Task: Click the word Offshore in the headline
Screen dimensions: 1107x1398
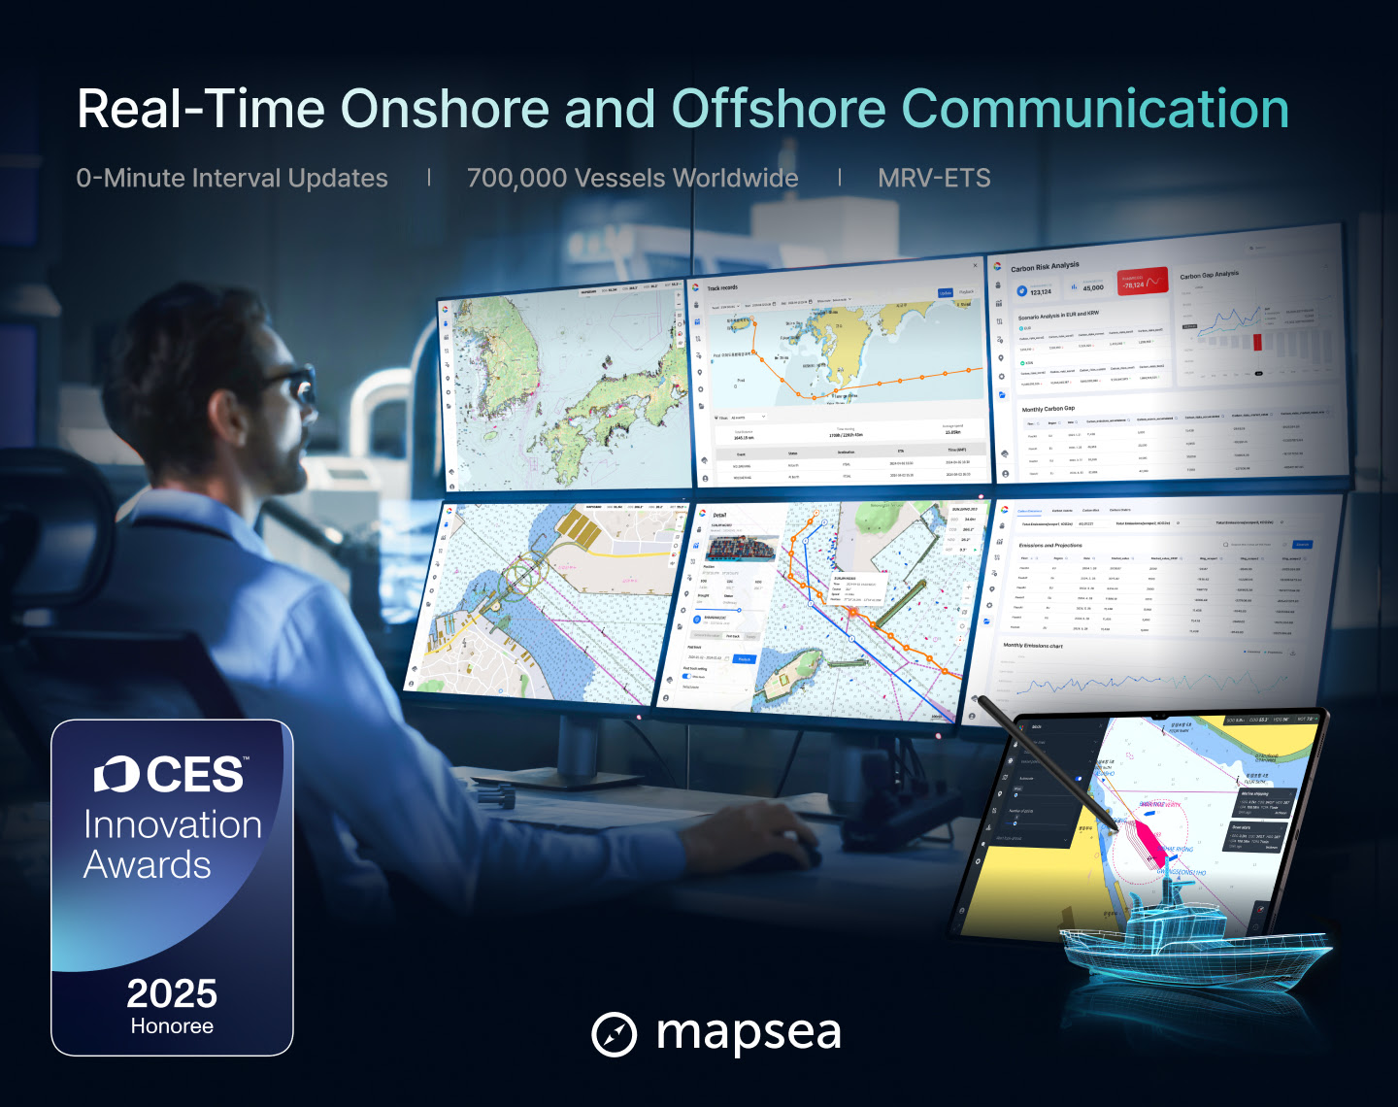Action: click(x=778, y=109)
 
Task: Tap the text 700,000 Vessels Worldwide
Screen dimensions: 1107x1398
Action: click(x=632, y=179)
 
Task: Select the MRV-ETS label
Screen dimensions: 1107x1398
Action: click(x=934, y=179)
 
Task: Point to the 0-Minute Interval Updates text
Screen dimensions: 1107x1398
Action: click(x=232, y=179)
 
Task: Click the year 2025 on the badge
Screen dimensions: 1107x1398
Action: click(x=172, y=993)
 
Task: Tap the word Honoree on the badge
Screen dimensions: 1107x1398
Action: click(x=172, y=1026)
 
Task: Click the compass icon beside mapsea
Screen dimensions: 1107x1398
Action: click(x=614, y=1034)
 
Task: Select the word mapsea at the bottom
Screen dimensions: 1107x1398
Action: click(x=749, y=1032)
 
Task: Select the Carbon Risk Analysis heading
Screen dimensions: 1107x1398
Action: click(x=1045, y=267)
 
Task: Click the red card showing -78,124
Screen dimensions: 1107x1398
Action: click(x=1142, y=282)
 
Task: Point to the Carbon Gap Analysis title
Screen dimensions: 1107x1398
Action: click(x=1209, y=276)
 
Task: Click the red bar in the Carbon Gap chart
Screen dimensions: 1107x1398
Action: click(x=1257, y=341)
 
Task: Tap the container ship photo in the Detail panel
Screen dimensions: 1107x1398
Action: click(x=741, y=549)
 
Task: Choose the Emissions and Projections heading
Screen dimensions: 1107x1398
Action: click(x=1050, y=546)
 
